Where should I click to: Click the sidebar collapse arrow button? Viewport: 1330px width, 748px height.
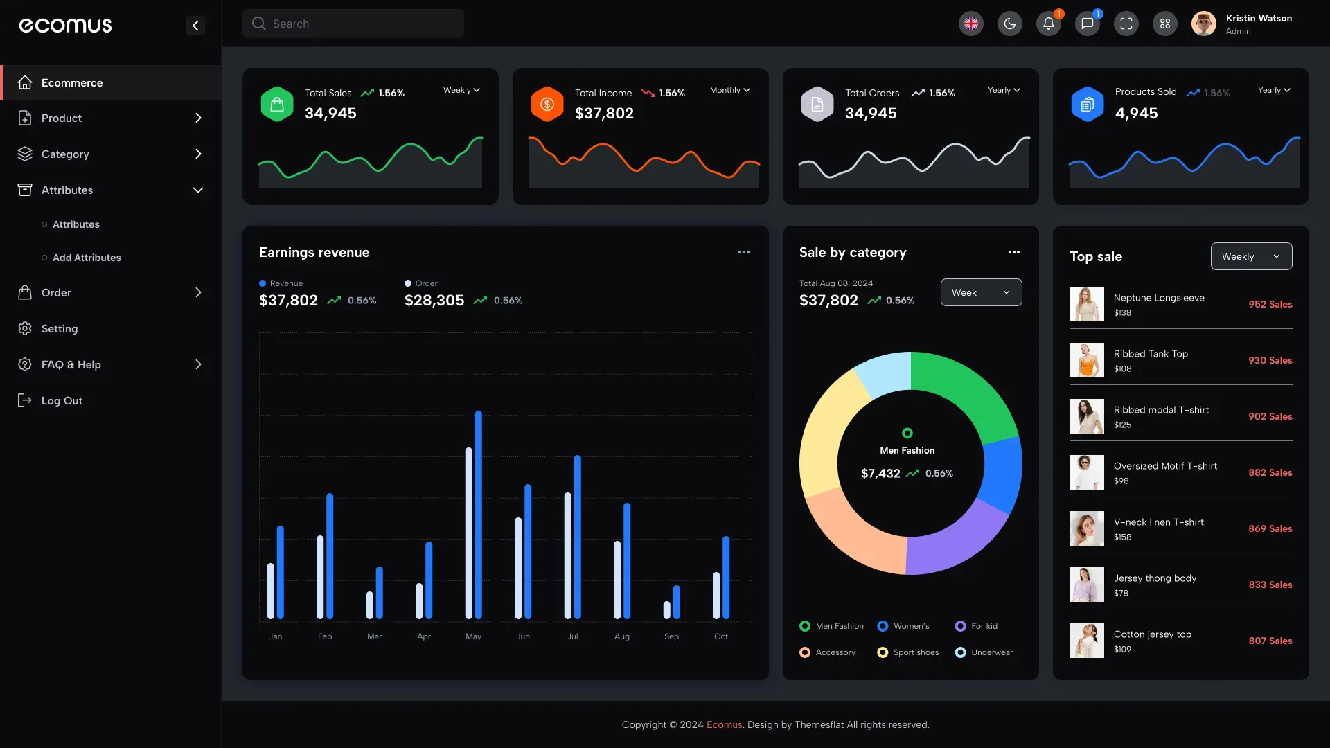point(195,26)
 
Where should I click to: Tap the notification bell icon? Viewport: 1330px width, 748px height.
point(1048,24)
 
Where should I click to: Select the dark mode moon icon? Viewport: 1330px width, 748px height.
point(1009,24)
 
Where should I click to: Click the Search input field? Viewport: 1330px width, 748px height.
point(353,24)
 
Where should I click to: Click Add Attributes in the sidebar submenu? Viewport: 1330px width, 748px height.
point(87,258)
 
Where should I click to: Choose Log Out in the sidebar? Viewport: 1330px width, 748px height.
point(61,400)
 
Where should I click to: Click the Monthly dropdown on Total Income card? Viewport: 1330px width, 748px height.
point(729,90)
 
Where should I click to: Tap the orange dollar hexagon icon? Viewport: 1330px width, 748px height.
point(547,104)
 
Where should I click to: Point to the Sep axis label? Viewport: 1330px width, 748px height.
point(671,636)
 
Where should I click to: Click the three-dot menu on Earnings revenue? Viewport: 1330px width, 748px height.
point(743,252)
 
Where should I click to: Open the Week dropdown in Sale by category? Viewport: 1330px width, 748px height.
point(981,292)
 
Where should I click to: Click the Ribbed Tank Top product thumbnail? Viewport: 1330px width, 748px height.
point(1086,360)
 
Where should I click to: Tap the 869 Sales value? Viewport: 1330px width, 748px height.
point(1270,528)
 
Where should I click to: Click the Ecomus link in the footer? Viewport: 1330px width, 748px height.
point(724,724)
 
